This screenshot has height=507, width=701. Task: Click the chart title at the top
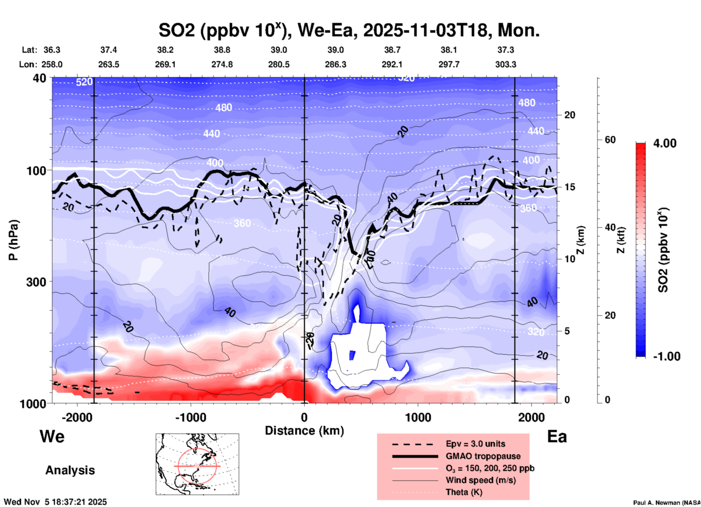(349, 30)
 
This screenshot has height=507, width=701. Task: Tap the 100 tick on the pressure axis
(37, 171)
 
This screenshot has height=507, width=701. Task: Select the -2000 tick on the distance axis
(77, 418)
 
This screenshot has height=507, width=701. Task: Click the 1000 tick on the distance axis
(418, 418)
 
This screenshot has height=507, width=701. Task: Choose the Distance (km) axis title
(304, 431)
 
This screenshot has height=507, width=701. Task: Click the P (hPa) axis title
(13, 240)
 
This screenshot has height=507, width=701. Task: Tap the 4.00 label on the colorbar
(665, 143)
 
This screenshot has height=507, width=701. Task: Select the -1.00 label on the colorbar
(666, 356)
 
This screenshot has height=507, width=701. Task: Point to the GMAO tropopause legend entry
(483, 456)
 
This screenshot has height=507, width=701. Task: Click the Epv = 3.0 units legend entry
(475, 444)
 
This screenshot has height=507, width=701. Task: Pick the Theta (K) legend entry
(464, 492)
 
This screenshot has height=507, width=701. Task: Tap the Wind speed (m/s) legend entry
(480, 480)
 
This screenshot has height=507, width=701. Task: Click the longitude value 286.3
(336, 64)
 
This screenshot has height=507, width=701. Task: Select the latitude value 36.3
(52, 50)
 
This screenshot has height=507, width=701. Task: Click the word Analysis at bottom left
(70, 470)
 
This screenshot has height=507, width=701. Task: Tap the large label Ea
(557, 436)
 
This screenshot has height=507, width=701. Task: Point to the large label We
(52, 436)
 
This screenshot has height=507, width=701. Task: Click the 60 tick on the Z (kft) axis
(610, 140)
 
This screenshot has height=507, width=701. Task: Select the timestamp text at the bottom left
(55, 502)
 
